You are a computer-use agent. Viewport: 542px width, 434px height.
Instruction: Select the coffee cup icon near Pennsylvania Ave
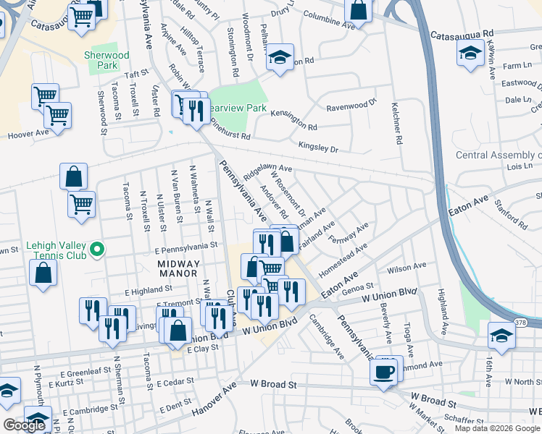[383, 372]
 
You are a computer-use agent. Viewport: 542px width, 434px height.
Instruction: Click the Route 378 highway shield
[520, 322]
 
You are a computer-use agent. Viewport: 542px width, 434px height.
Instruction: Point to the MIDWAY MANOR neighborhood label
[178, 268]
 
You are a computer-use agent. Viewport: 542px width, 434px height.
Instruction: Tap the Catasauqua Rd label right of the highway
[461, 34]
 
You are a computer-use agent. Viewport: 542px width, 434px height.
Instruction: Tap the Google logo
[24, 425]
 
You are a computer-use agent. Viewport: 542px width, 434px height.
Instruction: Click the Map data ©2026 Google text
[497, 427]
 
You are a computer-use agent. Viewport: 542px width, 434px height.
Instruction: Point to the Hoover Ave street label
[28, 134]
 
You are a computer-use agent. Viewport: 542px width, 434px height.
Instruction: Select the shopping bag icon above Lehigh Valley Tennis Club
[74, 176]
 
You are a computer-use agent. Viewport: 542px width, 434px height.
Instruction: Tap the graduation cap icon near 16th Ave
[501, 335]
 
